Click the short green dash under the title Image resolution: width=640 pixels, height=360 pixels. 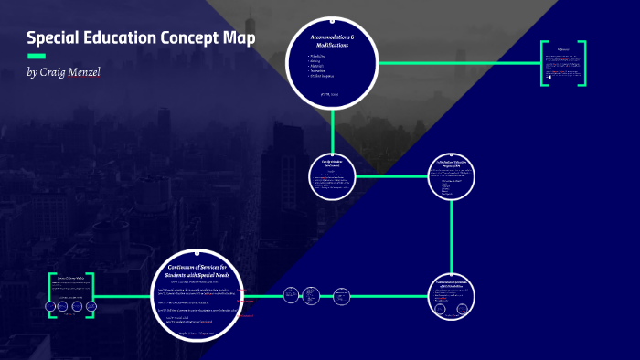click(x=37, y=57)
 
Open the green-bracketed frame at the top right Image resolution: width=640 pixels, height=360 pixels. click(x=562, y=64)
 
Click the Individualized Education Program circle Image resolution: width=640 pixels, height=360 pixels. click(x=453, y=177)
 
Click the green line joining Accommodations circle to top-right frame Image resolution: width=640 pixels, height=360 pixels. click(x=457, y=63)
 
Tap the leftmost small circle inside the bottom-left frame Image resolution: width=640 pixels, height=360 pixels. click(x=49, y=306)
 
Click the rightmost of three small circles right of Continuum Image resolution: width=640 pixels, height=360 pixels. click(x=340, y=296)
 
